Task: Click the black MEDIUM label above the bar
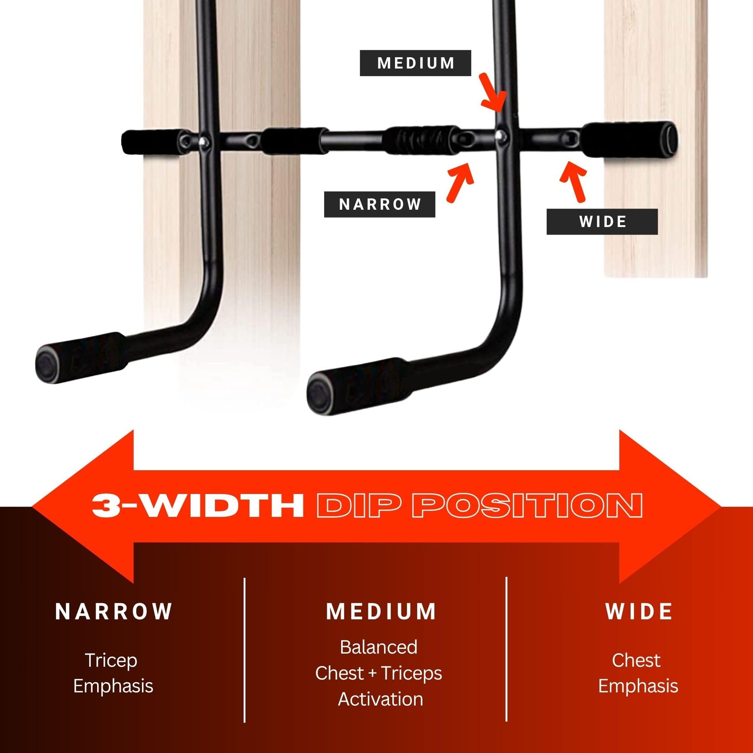tap(415, 63)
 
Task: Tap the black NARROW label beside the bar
tap(380, 204)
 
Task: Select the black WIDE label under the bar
tap(602, 222)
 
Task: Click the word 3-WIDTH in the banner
tap(198, 505)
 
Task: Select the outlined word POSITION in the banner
tap(527, 505)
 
